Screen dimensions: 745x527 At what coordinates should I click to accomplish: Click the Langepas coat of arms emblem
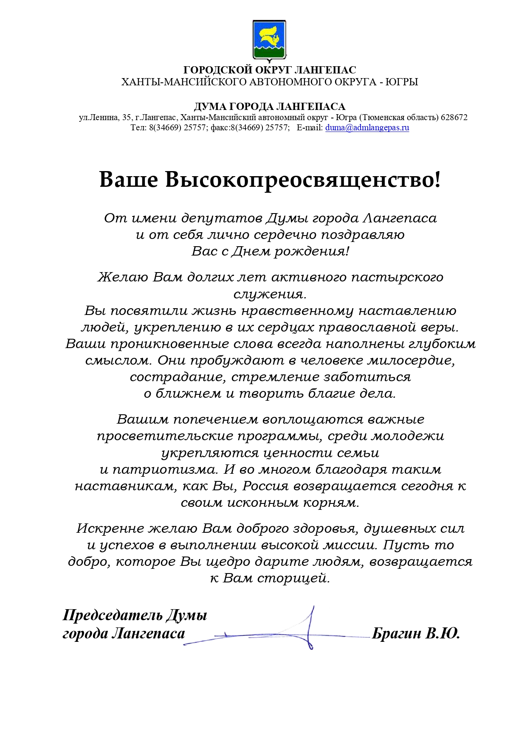pos(269,40)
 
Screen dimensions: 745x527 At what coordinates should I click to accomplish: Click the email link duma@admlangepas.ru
pos(367,128)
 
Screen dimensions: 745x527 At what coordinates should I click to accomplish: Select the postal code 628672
pos(454,118)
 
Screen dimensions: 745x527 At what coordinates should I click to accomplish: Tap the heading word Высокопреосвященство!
pos(303,180)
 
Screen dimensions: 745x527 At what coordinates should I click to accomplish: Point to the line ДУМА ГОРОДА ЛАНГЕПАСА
pos(269,107)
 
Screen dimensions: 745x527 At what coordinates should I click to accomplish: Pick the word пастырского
pos(397,277)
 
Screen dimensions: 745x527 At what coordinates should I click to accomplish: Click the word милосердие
pos(411,360)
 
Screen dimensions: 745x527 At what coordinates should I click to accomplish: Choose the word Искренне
pos(110,529)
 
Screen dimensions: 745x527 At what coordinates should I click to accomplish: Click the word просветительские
pos(165,436)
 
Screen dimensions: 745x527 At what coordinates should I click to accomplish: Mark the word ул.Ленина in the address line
pos(99,118)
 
